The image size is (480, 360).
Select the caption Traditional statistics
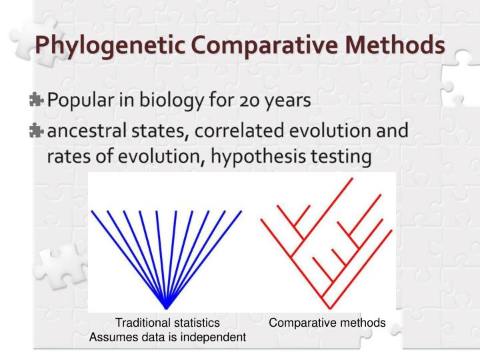pos(168,323)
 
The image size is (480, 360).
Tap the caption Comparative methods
pos(327,323)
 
